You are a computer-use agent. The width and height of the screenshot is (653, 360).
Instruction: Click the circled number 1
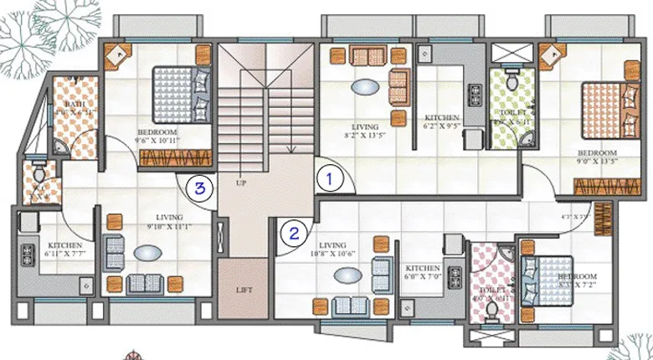(330, 178)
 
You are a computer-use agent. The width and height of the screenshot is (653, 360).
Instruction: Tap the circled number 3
(199, 188)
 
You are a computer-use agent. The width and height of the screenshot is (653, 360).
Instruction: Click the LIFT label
(244, 290)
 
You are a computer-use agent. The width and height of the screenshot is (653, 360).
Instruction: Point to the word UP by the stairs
(241, 182)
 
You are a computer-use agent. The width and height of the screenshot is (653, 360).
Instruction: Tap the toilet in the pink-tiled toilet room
(492, 311)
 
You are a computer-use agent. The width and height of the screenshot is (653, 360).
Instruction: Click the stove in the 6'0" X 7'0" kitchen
(457, 275)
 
